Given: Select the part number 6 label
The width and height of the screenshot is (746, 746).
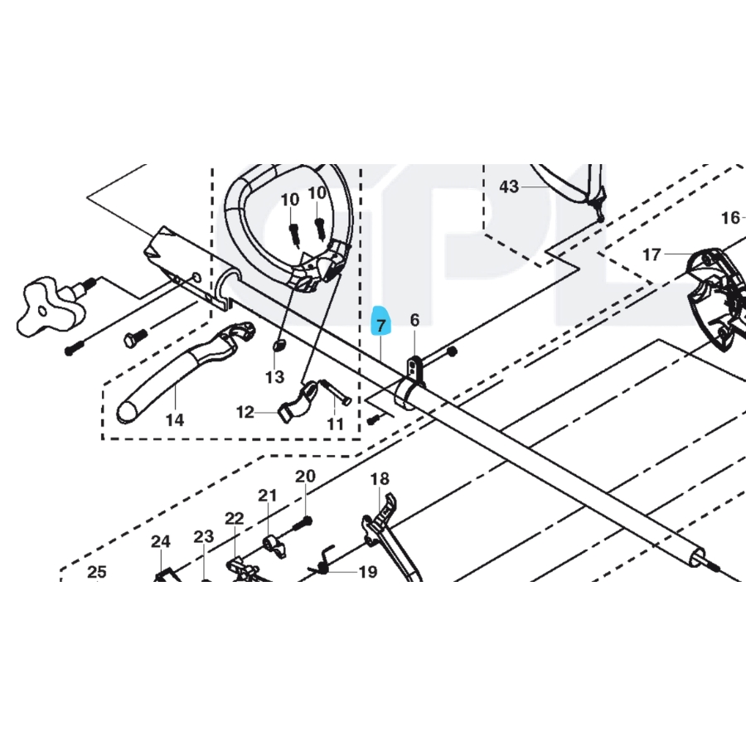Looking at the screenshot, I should coord(414,320).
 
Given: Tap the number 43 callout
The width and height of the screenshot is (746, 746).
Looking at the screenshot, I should coord(509,187).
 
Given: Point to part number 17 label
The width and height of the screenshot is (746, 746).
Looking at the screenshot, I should coord(652,254).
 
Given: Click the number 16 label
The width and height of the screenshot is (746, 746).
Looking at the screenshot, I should coord(729,218).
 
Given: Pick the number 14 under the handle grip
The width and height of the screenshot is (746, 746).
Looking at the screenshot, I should coord(174,419).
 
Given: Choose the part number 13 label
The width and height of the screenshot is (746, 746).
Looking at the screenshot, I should coord(274,377).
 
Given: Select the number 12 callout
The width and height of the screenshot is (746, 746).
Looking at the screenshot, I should coord(245,412).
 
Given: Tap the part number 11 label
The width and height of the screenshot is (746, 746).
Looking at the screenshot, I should coord(334,424).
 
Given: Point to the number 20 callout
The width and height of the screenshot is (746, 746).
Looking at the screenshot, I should coord(306,477).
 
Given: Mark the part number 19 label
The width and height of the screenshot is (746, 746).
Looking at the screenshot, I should coord(367,572).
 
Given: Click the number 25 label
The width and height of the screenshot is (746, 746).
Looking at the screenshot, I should coord(97,571).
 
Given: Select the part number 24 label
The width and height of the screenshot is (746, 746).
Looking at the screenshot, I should coord(160,541).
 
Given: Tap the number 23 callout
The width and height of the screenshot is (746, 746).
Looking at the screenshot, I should coord(204,536).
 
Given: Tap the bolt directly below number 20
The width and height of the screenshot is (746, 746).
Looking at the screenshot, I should coord(306,523).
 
